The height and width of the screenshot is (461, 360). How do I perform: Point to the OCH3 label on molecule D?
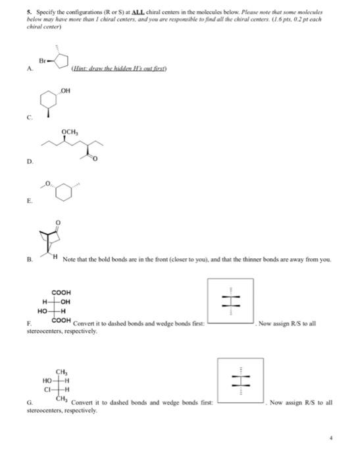[70, 131]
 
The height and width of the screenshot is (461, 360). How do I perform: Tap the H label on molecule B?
[57, 256]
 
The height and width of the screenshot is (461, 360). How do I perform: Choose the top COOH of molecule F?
[61, 292]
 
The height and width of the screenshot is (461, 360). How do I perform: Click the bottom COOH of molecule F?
[61, 319]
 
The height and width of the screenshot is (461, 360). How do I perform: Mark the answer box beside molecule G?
[240, 381]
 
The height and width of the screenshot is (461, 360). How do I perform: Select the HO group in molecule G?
[47, 380]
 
